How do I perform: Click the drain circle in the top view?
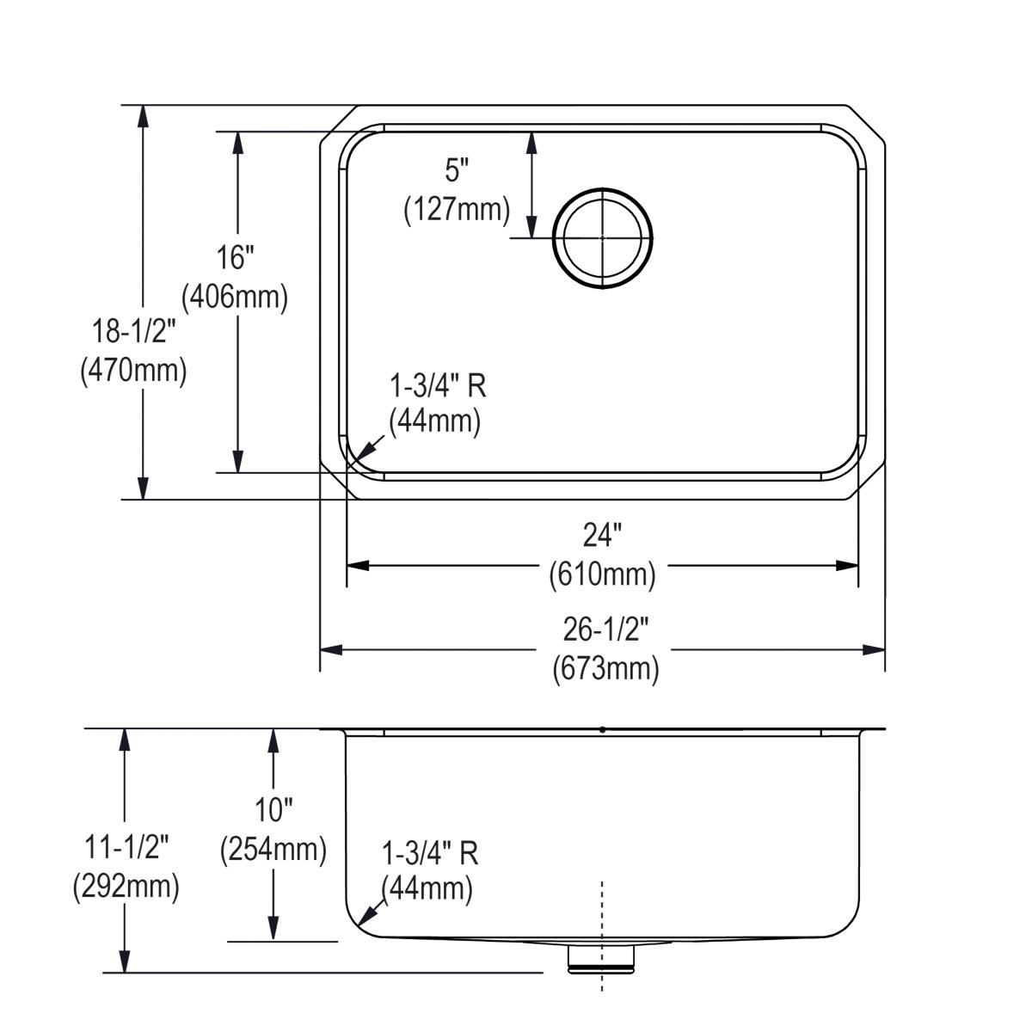click(x=603, y=236)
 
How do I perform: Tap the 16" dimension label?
click(x=235, y=256)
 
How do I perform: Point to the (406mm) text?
click(x=235, y=297)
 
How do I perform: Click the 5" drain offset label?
click(x=458, y=170)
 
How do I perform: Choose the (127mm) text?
click(x=458, y=209)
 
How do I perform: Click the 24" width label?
click(x=602, y=536)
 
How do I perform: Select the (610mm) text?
click(x=602, y=574)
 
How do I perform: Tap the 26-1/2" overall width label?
click(x=605, y=630)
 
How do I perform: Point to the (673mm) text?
click(x=605, y=668)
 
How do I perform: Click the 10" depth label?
click(x=273, y=808)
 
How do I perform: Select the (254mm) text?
click(x=273, y=849)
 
